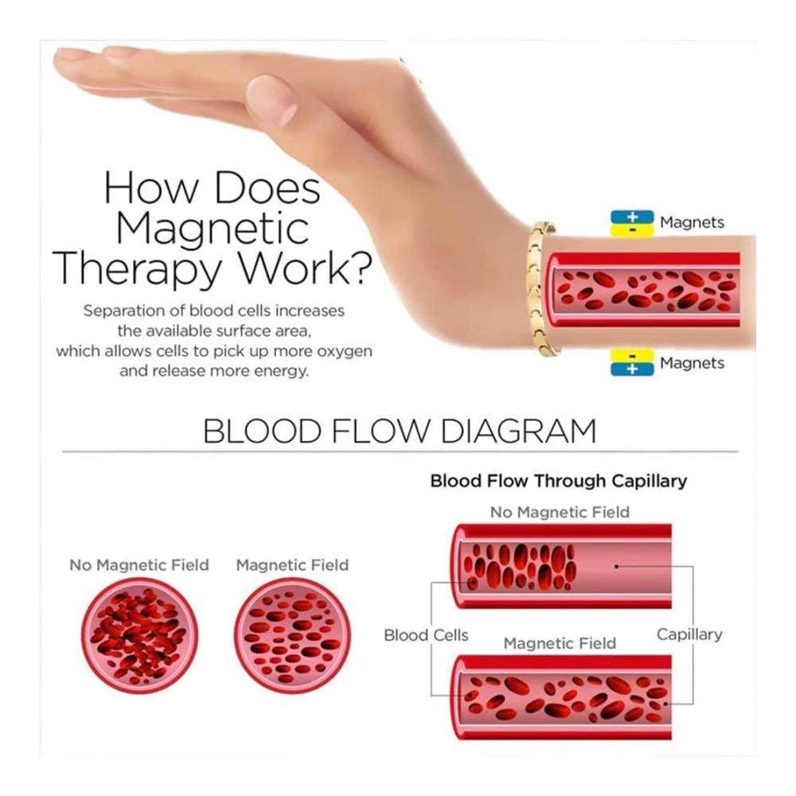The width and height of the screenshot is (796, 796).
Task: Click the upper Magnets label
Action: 692,222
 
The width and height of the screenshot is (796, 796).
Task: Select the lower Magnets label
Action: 692,363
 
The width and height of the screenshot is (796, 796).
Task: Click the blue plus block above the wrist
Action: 632,217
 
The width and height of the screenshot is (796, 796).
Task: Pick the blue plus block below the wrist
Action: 632,369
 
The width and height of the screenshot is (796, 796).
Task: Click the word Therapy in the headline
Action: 138,269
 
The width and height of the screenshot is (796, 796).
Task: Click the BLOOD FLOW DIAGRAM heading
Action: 400,431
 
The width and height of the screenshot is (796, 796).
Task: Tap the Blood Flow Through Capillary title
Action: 559,481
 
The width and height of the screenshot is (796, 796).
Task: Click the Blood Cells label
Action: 426,635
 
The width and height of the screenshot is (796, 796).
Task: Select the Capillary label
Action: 689,634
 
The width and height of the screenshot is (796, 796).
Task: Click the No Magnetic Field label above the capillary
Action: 560,512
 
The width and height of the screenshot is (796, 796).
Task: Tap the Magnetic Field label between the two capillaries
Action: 560,643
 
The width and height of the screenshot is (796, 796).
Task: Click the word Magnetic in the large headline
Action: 213,229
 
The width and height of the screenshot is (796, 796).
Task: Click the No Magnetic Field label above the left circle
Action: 139,565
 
